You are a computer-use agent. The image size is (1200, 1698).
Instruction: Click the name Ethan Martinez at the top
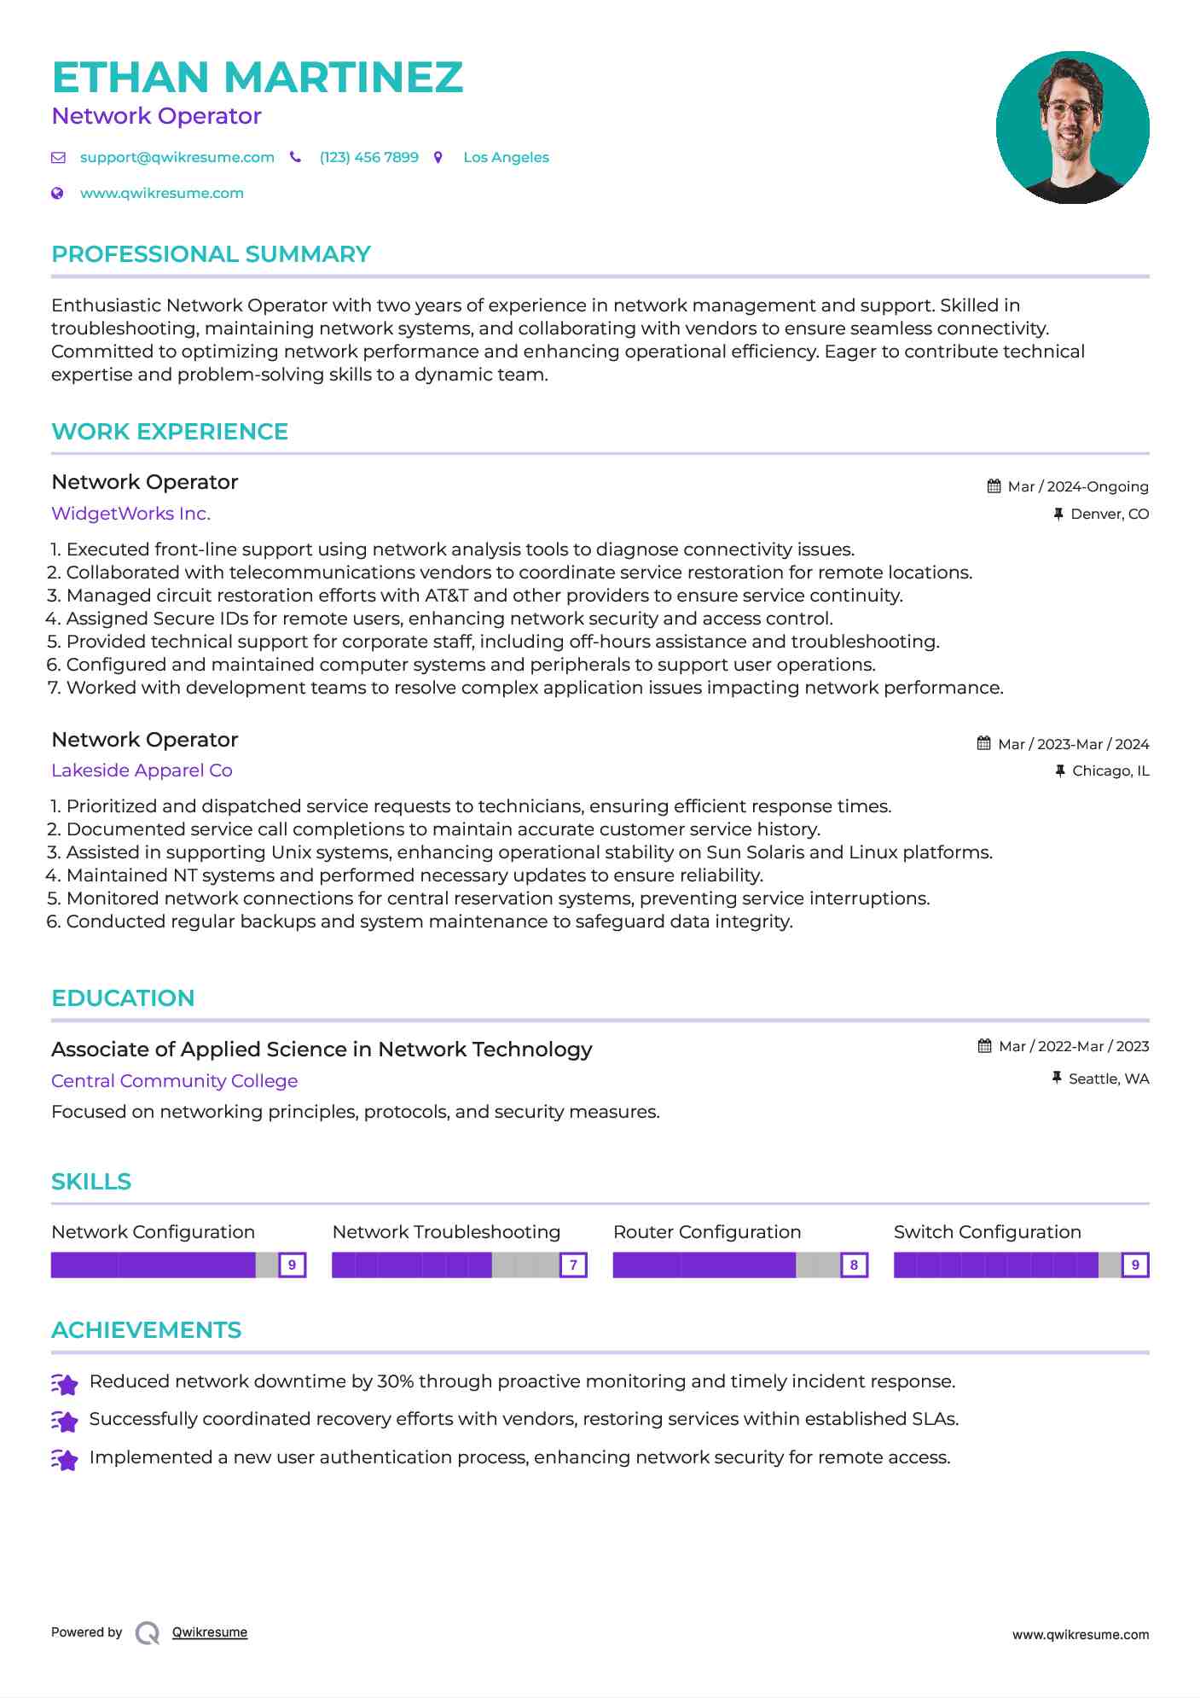[257, 78]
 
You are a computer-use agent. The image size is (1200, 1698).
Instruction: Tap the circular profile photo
[1072, 127]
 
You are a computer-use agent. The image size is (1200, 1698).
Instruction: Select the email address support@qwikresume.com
[177, 157]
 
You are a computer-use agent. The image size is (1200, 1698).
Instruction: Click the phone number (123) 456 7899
[368, 157]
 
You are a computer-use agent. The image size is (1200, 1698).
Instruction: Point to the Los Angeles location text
[506, 157]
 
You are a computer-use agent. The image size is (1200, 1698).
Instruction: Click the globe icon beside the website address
[57, 193]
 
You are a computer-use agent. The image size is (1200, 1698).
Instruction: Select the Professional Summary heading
[211, 254]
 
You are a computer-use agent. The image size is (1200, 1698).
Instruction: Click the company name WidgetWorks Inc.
[130, 514]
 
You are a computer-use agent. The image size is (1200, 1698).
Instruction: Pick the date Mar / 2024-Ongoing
[1078, 486]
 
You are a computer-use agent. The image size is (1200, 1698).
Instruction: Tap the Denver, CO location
[1110, 514]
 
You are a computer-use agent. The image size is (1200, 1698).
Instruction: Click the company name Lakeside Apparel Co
[142, 770]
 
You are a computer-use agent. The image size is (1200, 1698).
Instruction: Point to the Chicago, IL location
[1110, 770]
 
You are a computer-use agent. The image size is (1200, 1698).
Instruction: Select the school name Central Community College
[174, 1081]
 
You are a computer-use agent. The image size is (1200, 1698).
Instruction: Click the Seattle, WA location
[1109, 1079]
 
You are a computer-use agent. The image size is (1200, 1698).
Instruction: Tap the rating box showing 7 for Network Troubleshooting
[573, 1265]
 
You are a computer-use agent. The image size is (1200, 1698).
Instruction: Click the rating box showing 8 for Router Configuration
[854, 1265]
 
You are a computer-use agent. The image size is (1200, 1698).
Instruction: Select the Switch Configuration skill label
[987, 1232]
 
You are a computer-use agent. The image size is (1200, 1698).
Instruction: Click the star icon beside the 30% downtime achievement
[65, 1383]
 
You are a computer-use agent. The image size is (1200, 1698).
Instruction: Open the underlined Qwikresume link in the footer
[210, 1632]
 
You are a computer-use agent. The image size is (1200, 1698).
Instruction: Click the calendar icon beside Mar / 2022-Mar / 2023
[984, 1046]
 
